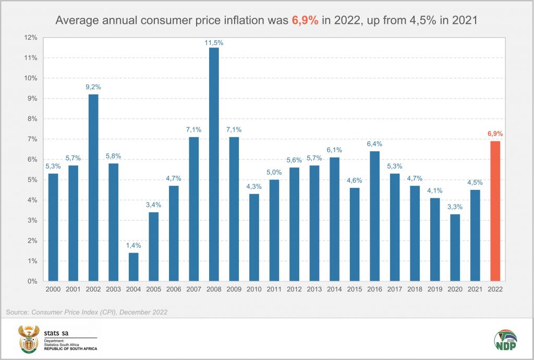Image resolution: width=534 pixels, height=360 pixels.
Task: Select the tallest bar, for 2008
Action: coord(213,164)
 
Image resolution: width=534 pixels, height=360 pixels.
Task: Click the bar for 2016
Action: coord(374,216)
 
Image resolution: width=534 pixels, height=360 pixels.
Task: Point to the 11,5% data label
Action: coord(213,43)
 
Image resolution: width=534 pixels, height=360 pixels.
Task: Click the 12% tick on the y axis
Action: coord(29,38)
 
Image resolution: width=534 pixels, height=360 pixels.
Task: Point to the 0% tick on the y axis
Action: coord(31,281)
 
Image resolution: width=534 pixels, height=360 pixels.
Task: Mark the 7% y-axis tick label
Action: coord(31,139)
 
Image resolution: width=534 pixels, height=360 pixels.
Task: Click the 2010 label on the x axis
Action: coord(253,289)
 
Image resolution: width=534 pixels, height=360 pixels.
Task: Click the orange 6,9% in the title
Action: coord(302,20)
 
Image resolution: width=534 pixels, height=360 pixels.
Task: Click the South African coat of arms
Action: coord(28,339)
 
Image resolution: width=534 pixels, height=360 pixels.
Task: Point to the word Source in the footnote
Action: coord(16,312)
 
